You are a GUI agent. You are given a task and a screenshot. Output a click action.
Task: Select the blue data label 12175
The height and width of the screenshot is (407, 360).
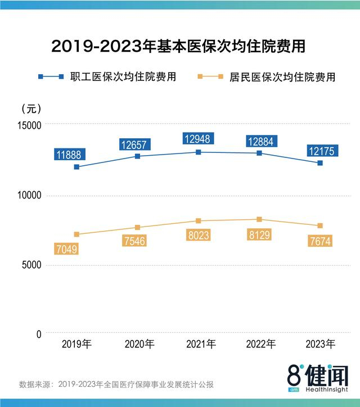click(322, 151)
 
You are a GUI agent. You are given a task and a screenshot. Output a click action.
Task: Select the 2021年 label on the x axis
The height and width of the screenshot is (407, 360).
click(201, 343)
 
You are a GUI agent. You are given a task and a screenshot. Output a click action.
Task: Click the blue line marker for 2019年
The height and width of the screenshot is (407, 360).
click(76, 167)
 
